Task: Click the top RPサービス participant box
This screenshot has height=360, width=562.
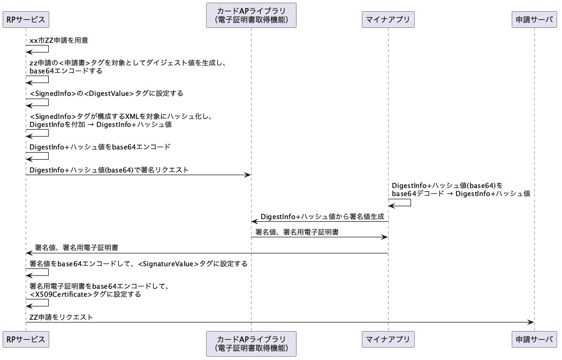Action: click(x=26, y=19)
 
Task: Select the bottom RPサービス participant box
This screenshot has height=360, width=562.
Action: click(x=26, y=339)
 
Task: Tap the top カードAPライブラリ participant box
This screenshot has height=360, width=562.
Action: click(x=251, y=16)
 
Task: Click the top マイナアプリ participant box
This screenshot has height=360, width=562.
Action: click(x=388, y=19)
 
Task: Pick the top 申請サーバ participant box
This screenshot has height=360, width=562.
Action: click(x=534, y=19)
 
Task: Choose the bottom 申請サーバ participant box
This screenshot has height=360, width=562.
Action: click(x=534, y=339)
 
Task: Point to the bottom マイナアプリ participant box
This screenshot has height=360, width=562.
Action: click(x=388, y=339)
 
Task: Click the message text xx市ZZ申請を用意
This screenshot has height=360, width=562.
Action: click(x=59, y=40)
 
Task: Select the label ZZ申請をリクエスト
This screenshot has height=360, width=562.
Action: click(x=62, y=317)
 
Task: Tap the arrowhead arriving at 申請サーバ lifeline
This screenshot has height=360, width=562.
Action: click(x=531, y=322)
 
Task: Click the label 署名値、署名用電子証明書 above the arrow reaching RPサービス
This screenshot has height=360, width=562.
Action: click(x=77, y=248)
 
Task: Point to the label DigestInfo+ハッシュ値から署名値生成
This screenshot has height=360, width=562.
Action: click(x=322, y=216)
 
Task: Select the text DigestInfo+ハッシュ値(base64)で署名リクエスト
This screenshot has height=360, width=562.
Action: click(x=109, y=170)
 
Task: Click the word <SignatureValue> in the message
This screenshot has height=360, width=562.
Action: click(x=168, y=264)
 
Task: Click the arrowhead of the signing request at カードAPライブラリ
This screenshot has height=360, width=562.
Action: click(x=248, y=175)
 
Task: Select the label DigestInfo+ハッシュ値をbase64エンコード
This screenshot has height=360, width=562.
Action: click(x=100, y=147)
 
